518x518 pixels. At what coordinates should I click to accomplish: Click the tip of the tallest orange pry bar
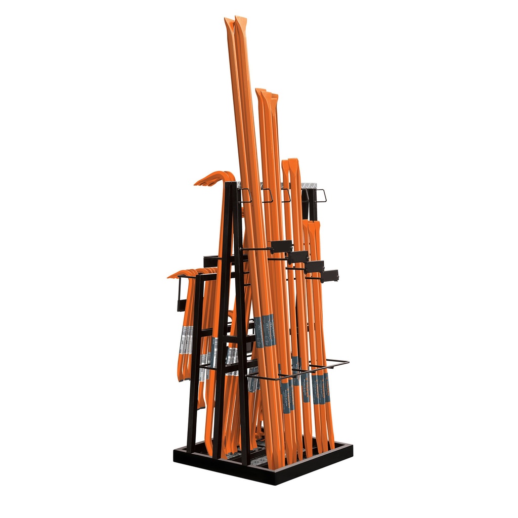click(x=240, y=19)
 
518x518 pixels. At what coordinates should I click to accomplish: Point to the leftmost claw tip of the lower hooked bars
click(x=170, y=276)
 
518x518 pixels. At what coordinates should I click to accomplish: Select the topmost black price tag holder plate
click(x=281, y=247)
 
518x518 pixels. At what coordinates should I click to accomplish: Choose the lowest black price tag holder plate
click(x=329, y=276)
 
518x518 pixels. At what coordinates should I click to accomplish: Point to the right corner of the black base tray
click(x=351, y=445)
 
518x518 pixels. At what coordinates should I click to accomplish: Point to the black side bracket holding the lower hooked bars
click(x=181, y=293)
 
